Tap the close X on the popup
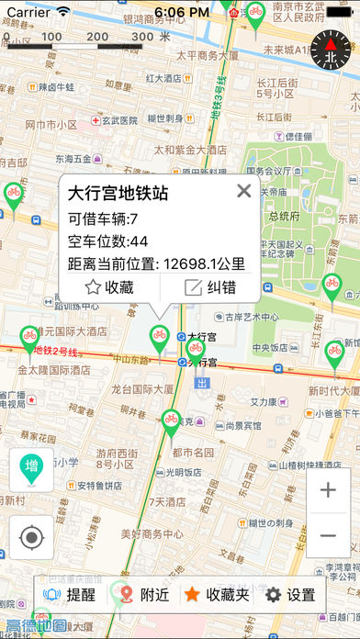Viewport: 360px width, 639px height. click(x=243, y=191)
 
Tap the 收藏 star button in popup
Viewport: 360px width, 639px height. click(x=109, y=286)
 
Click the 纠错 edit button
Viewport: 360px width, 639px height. click(x=210, y=286)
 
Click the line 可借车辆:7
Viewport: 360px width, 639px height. click(x=103, y=219)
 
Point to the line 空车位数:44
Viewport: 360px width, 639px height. click(x=108, y=241)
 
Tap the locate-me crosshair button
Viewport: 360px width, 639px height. click(x=31, y=537)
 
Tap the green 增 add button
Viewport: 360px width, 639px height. click(x=31, y=469)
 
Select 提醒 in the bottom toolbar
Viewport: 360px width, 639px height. click(x=68, y=595)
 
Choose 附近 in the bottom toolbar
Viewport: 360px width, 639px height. click(x=142, y=595)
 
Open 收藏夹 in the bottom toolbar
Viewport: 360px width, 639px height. click(x=216, y=595)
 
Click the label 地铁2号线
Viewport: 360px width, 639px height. click(x=51, y=349)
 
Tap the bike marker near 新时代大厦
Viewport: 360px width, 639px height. click(x=334, y=353)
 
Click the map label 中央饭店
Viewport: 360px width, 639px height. click(x=271, y=347)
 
